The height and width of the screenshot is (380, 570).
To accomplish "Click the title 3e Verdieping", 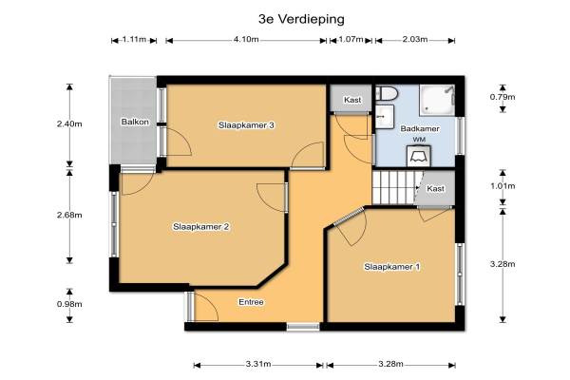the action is (301, 19).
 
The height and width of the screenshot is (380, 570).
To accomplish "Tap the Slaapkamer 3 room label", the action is (246, 125).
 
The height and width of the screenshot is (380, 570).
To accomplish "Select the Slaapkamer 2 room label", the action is (201, 227).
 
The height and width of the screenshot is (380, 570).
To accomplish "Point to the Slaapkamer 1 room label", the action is (391, 267).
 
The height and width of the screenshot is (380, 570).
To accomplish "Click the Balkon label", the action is (135, 122).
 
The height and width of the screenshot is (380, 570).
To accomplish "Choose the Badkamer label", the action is (420, 129).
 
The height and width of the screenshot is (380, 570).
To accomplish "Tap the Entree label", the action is (251, 302).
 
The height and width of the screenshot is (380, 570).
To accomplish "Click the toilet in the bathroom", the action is (387, 93).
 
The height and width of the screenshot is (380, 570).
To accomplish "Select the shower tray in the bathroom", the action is (437, 101).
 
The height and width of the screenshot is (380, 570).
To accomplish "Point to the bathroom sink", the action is (385, 116).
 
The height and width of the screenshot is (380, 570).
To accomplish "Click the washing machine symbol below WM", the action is (419, 156).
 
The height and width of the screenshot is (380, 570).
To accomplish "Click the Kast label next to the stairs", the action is (435, 189).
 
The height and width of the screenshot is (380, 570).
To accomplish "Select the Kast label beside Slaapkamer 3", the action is (352, 100).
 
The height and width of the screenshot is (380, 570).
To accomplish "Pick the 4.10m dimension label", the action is (246, 39).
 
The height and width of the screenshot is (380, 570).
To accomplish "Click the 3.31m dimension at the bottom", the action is (258, 364).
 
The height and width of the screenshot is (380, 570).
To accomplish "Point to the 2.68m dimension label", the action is (69, 215).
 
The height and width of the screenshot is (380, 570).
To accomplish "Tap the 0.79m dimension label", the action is (503, 97).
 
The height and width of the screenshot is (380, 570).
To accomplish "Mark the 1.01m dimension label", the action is (503, 186).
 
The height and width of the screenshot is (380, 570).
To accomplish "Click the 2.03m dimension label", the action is (415, 39).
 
